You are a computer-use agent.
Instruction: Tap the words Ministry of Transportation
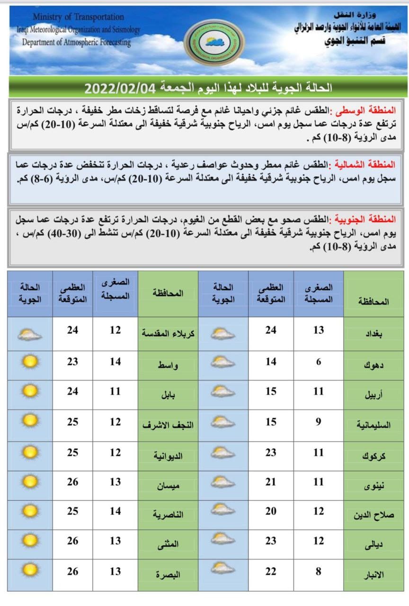pyautogui.click(x=79, y=17)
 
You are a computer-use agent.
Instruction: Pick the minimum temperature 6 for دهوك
pyautogui.click(x=319, y=362)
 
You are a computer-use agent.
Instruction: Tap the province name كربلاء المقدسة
pyautogui.click(x=169, y=333)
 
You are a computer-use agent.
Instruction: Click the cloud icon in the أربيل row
pyautogui.click(x=223, y=392)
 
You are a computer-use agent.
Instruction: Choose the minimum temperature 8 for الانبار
pyautogui.click(x=319, y=571)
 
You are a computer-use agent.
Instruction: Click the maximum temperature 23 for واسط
pyautogui.click(x=72, y=361)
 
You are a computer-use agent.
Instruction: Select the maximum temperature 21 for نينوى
pyautogui.click(x=271, y=482)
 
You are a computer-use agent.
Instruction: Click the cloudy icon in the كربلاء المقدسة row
pyautogui.click(x=30, y=335)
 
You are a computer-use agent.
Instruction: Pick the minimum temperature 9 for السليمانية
pyautogui.click(x=319, y=421)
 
